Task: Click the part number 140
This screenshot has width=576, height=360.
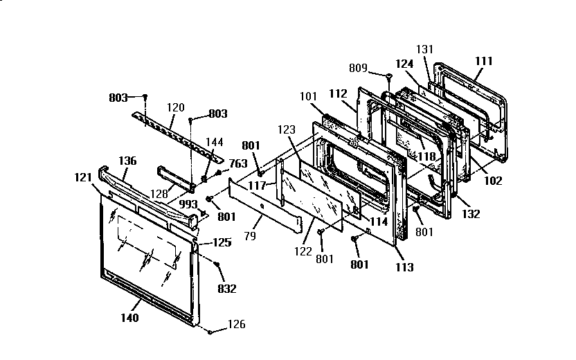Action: (x=129, y=318)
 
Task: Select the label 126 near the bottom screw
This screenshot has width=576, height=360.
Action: (x=235, y=324)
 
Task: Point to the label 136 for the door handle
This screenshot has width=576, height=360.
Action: (x=127, y=161)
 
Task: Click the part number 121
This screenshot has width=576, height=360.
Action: (x=84, y=177)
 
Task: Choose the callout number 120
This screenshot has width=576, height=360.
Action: (x=176, y=107)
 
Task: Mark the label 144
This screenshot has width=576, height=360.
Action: (x=214, y=142)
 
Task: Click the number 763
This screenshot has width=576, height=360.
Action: (x=239, y=164)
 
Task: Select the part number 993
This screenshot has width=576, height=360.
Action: (x=188, y=204)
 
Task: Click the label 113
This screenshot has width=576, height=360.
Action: (x=404, y=267)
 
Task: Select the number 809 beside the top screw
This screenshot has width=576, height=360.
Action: (x=358, y=69)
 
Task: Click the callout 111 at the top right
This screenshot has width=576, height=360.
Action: (x=483, y=61)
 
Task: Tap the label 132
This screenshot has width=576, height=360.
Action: (x=471, y=215)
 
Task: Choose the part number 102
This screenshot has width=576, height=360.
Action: (x=492, y=181)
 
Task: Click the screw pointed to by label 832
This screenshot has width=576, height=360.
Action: (x=217, y=265)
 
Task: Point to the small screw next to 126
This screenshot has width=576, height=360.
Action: (x=209, y=332)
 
